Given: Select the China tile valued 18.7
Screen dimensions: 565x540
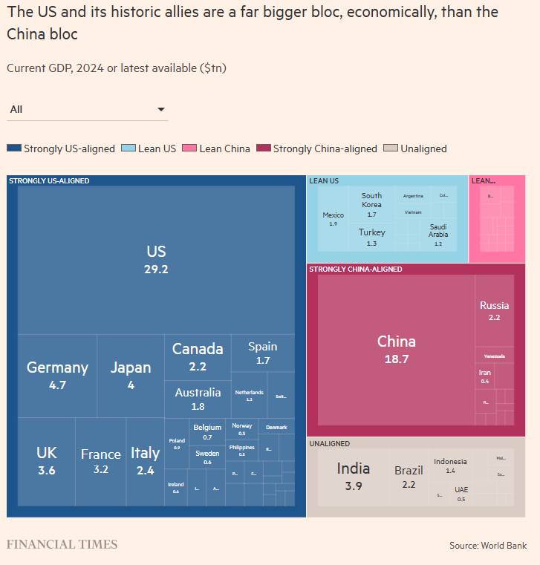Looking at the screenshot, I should [396, 349].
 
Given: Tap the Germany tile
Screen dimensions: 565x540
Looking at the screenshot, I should [57, 375].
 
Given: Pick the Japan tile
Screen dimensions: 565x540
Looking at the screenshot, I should [131, 375].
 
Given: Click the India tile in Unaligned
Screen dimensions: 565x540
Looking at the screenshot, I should [353, 475].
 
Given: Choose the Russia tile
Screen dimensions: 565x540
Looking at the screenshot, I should [494, 310].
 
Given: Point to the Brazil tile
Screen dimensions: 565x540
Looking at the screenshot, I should [409, 476].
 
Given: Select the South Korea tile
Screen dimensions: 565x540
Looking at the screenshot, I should [371, 205].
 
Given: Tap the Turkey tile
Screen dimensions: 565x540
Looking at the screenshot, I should [371, 237].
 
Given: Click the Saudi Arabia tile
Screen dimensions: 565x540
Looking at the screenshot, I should [437, 235].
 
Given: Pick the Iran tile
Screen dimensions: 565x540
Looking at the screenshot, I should [485, 376].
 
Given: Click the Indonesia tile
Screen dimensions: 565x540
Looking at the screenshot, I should [450, 466].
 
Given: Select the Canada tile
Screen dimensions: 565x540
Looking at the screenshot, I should [198, 356].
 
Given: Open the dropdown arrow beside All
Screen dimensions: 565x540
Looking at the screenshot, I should [161, 110].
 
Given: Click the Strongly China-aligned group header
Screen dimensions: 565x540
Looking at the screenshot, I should [356, 269].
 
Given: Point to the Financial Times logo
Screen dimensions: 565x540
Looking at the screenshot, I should [62, 544].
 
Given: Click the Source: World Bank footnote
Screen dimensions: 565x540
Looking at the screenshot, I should [487, 546].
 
